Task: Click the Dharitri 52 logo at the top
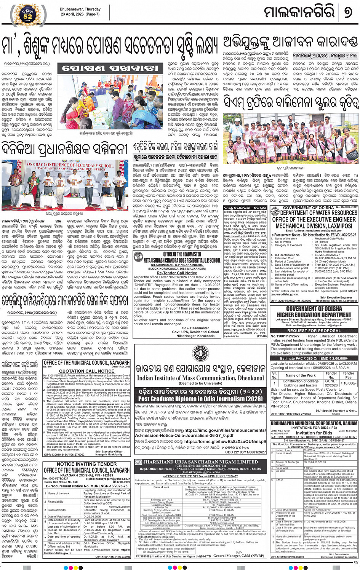coord(28,15)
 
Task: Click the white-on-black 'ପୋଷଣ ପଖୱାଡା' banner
coord(110,69)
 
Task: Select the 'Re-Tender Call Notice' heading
coord(177,273)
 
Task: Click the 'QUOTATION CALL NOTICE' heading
coord(86,371)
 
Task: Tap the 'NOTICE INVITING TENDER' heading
coord(86,464)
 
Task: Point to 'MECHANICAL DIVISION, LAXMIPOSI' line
coord(314,226)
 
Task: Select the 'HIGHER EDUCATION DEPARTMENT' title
coord(314,315)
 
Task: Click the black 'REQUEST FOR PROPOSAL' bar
coord(314,331)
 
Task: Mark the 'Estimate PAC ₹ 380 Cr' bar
coord(314,358)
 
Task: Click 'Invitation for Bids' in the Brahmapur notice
coord(314,433)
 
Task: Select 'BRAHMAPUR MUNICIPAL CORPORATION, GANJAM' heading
coord(314,423)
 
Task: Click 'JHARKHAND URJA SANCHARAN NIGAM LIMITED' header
coord(200,462)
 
